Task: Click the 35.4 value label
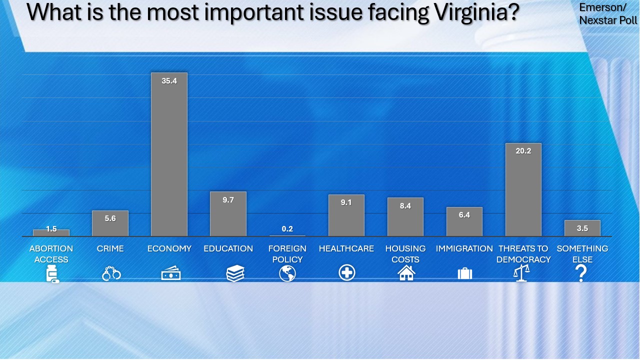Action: (169, 80)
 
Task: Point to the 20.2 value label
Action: (523, 150)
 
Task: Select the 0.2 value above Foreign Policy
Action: (287, 229)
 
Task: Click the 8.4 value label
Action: (405, 205)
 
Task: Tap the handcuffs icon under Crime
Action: (111, 273)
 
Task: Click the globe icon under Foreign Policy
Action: (287, 273)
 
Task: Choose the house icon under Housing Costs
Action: (406, 273)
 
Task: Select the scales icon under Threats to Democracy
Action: (522, 273)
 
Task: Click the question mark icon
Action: (580, 273)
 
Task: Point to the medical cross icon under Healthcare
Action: (346, 273)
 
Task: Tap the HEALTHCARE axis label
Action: (346, 248)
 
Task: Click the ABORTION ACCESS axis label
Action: (51, 254)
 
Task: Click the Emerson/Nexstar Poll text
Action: (607, 14)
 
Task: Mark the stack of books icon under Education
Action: (235, 273)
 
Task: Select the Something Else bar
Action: (582, 228)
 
